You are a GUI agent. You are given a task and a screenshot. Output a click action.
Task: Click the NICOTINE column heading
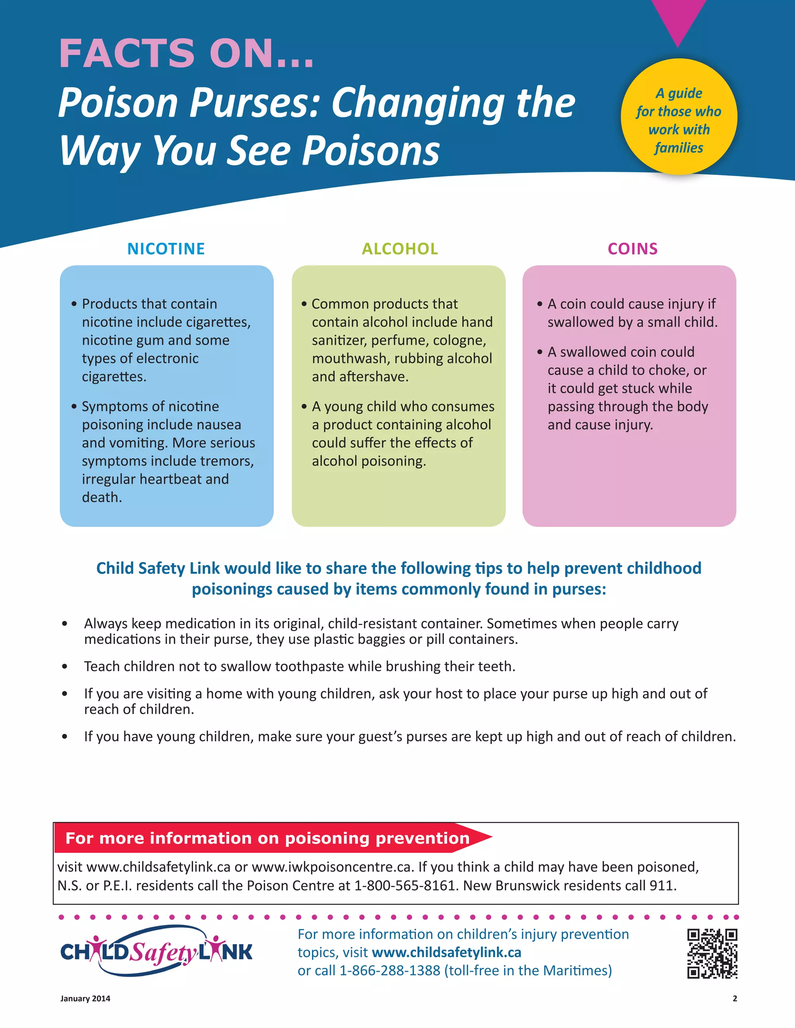166,249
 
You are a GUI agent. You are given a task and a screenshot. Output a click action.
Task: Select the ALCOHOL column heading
399,249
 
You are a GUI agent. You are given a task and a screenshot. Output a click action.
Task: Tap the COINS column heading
632,249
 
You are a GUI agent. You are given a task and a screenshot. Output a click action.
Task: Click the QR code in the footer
712,954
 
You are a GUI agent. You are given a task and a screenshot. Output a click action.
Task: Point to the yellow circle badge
679,117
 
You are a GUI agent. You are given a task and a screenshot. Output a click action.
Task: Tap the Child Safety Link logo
156,951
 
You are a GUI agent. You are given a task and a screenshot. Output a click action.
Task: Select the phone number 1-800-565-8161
404,885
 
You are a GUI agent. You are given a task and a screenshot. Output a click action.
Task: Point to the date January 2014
85,999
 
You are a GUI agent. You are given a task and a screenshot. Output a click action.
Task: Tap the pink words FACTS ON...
186,53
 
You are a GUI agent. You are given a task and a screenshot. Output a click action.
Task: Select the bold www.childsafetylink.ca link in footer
446,952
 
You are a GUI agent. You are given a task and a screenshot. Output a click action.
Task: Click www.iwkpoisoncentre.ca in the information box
332,867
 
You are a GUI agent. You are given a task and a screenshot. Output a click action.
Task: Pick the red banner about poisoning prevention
267,838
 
